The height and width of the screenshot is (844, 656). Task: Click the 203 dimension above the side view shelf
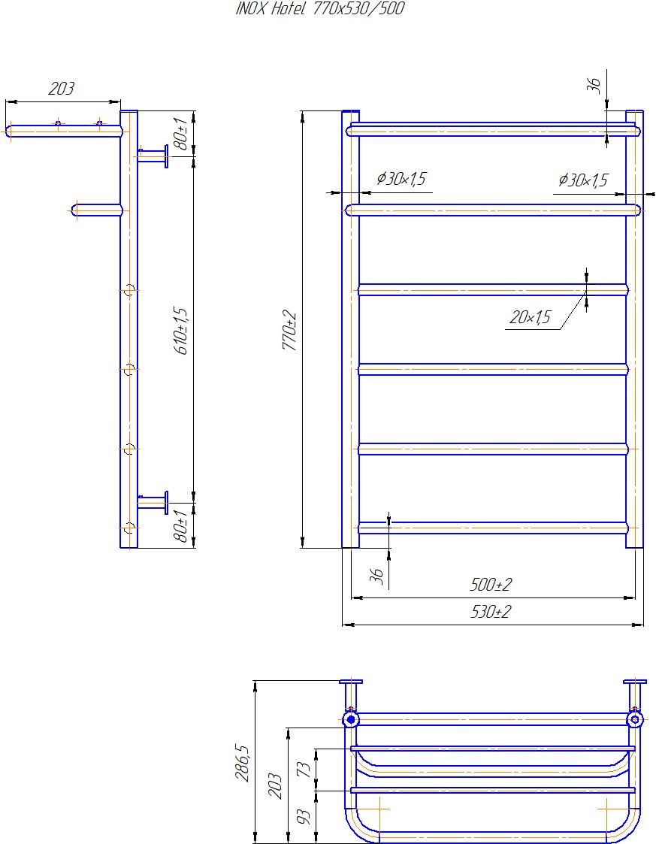61,88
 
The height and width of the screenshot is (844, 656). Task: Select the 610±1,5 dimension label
181,331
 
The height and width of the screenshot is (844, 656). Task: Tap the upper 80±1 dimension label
181,134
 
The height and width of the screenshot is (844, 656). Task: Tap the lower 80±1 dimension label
181,526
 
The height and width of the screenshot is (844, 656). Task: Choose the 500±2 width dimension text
491,584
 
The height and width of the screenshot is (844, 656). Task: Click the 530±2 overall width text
491,612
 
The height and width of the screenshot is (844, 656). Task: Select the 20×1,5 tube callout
530,317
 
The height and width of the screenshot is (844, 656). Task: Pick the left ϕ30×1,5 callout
401,178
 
